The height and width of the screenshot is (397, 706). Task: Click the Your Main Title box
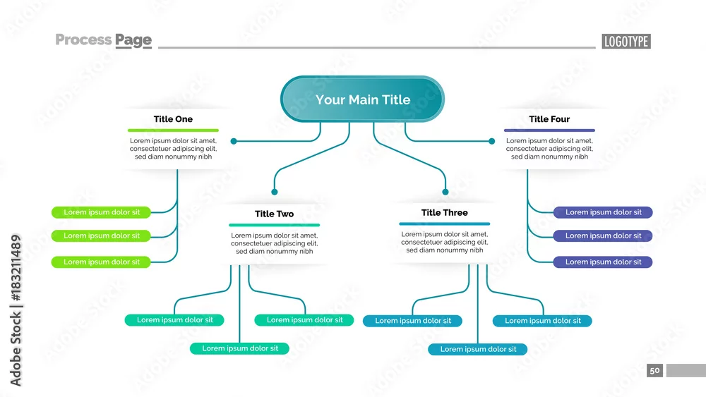[362, 99]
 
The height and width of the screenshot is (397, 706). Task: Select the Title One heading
[173, 119]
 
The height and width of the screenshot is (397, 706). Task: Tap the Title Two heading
[274, 214]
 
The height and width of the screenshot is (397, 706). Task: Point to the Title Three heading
[444, 213]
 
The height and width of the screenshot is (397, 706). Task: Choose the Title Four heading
[549, 119]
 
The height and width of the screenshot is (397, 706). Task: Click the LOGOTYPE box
[626, 42]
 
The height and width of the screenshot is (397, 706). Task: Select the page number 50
[654, 370]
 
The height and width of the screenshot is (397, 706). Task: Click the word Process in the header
[83, 39]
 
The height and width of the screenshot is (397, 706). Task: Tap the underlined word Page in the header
[133, 40]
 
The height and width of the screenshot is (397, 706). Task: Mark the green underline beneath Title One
[173, 130]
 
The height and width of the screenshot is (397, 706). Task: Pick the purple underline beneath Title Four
[549, 130]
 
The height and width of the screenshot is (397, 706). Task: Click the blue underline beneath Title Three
[444, 224]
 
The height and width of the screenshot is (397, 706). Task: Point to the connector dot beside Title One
[234, 141]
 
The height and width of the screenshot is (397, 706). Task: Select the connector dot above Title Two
[274, 192]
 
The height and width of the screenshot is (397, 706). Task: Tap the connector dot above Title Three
[445, 192]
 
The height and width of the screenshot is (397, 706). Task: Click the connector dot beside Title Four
[491, 141]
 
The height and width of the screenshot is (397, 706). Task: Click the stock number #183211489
[16, 267]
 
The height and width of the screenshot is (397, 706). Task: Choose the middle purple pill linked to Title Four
[603, 236]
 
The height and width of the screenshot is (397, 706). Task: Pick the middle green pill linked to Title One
[101, 236]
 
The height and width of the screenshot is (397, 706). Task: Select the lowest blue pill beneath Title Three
[478, 349]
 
